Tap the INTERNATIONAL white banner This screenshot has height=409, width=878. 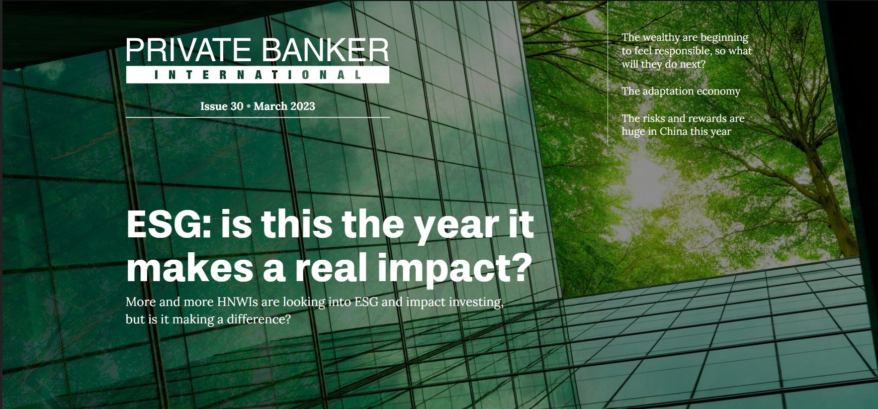click(x=258, y=75)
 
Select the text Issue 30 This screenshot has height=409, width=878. click(x=222, y=106)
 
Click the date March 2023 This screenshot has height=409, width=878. click(x=284, y=106)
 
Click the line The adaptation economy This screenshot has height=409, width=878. click(x=681, y=92)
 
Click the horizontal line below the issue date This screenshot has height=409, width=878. click(x=258, y=117)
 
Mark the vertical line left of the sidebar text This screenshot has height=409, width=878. click(x=608, y=73)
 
